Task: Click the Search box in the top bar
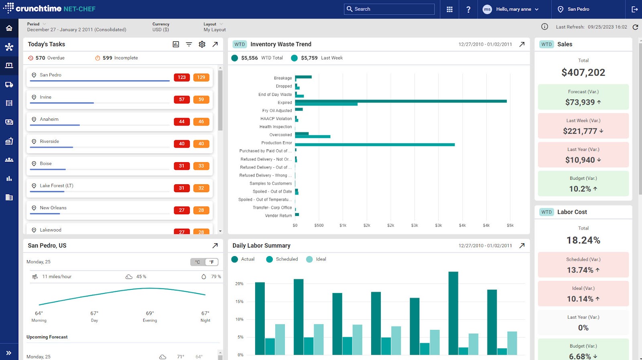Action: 389,9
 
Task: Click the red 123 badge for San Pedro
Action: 182,77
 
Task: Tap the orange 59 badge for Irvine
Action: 201,100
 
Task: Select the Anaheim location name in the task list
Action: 49,119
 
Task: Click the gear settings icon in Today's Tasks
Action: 202,44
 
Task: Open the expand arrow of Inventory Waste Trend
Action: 522,44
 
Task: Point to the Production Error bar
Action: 374,144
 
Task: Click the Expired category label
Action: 284,103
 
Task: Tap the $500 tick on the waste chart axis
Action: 319,226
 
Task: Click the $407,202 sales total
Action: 583,73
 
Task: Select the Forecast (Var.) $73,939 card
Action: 583,97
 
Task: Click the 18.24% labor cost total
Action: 583,240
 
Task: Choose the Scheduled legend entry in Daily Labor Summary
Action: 282,259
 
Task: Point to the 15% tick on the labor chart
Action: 239,301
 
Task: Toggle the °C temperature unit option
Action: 197,262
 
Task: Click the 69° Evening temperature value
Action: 150,313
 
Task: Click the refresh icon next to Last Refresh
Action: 635,27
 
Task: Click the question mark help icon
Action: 468,9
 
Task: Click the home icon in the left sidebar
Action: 9,28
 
